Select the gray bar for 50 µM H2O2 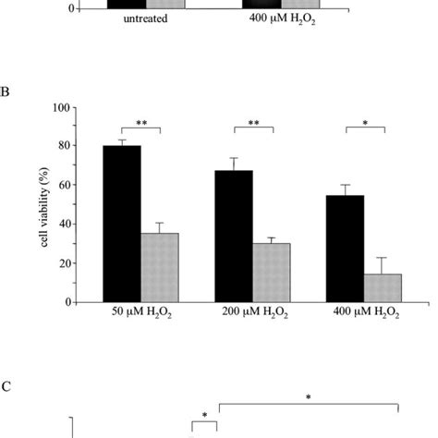[160, 267]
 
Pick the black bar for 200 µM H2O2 [234, 236]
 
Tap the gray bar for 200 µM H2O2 [272, 273]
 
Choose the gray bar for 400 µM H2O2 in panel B [383, 287]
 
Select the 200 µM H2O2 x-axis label [252, 315]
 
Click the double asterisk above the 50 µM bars [140, 122]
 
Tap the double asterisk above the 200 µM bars [252, 122]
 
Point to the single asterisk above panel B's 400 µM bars [365, 122]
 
